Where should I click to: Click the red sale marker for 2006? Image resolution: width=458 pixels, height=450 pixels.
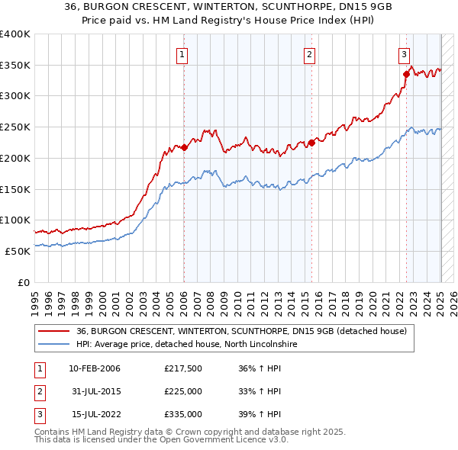(184, 147)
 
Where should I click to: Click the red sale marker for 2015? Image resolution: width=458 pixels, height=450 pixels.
(311, 143)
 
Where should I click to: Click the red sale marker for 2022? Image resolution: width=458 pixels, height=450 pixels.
(406, 74)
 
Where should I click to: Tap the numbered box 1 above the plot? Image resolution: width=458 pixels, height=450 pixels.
(183, 53)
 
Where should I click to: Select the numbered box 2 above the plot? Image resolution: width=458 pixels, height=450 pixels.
(309, 53)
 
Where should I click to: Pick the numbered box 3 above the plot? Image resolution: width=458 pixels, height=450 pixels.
(404, 53)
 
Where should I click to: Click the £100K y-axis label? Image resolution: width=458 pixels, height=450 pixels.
(15, 220)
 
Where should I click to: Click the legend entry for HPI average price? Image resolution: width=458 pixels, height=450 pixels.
(188, 345)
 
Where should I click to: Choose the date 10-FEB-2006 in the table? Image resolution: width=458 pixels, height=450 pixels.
(95, 369)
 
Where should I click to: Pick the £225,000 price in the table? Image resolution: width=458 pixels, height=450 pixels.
(183, 392)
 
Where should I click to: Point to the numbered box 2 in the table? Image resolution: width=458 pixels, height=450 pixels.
(38, 392)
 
